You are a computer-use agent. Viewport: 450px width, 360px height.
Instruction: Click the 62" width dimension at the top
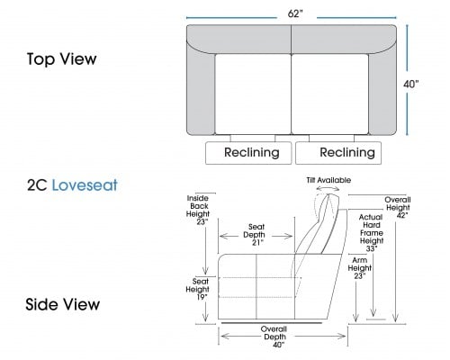pyautogui.click(x=295, y=13)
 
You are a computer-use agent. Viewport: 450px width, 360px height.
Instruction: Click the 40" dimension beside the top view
pyautogui.click(x=410, y=85)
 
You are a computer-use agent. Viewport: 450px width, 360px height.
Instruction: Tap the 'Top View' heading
pyautogui.click(x=62, y=58)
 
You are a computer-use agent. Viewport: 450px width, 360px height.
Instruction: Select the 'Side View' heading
pyautogui.click(x=63, y=304)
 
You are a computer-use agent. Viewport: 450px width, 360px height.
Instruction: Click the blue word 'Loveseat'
pyautogui.click(x=85, y=185)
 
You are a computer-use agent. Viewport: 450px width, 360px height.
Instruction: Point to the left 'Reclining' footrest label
pyautogui.click(x=252, y=152)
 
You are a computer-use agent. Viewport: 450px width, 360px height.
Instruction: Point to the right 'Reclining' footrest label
pyautogui.click(x=347, y=152)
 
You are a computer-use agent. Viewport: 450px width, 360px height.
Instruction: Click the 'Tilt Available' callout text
pyautogui.click(x=328, y=180)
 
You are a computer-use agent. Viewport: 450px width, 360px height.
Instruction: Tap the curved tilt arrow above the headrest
pyautogui.click(x=328, y=188)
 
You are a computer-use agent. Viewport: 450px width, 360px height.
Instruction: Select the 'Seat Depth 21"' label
pyautogui.click(x=256, y=235)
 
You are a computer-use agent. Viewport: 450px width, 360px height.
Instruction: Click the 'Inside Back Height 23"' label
pyautogui.click(x=198, y=210)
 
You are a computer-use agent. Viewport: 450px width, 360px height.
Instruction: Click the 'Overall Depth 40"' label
pyautogui.click(x=274, y=337)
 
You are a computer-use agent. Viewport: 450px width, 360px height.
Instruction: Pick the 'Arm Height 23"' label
pyautogui.click(x=360, y=268)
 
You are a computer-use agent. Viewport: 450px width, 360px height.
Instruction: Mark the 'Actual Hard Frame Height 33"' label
pyautogui.click(x=372, y=233)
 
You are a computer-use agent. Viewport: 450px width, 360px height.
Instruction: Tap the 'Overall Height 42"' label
pyautogui.click(x=398, y=207)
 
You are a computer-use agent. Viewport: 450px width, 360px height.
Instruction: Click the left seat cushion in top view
pyautogui.click(x=253, y=94)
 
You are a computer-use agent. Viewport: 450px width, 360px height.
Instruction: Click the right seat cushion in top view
pyautogui.click(x=330, y=94)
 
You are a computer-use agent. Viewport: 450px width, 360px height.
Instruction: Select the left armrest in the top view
pyautogui.click(x=201, y=90)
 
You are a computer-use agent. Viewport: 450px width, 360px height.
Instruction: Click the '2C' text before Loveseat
pyautogui.click(x=37, y=185)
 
